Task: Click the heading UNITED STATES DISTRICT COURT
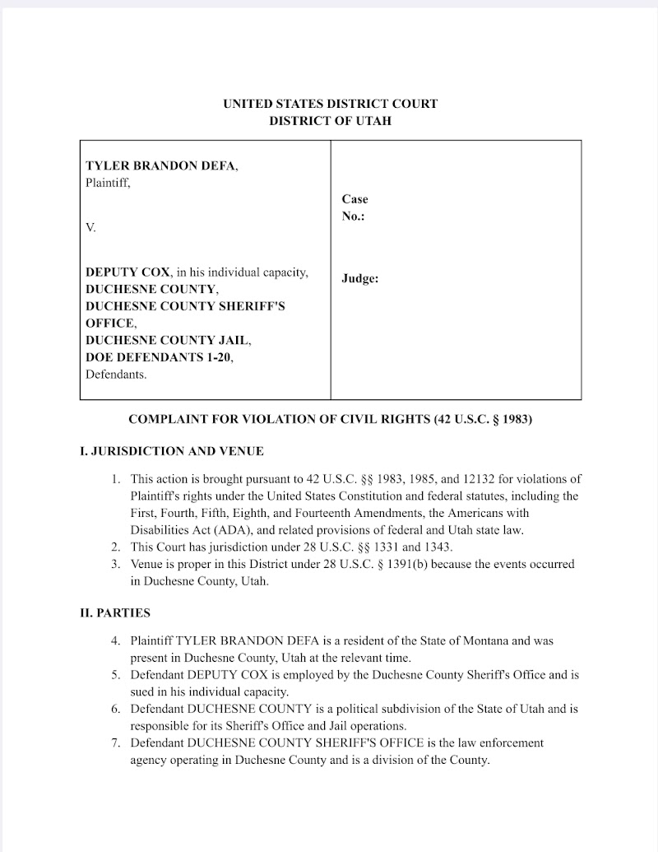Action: [x=330, y=104]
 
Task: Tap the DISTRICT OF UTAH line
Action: [x=330, y=121]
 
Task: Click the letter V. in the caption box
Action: [x=90, y=227]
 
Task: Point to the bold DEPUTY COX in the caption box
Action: [x=128, y=272]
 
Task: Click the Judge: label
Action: [x=359, y=279]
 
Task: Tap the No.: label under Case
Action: [x=353, y=216]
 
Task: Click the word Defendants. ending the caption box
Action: [x=116, y=375]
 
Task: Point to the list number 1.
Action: [x=116, y=478]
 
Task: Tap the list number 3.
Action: [x=116, y=565]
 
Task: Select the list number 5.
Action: [x=116, y=675]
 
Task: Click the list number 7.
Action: [x=116, y=743]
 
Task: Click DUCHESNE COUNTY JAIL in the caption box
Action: [x=168, y=340]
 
